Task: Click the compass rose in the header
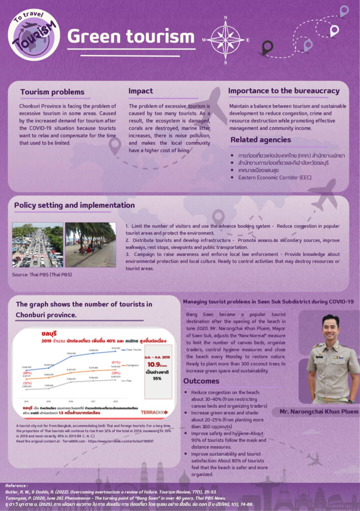tap(226, 39)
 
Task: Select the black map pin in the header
tap(267, 47)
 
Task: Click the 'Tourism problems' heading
tap(52, 92)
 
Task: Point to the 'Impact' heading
tap(141, 91)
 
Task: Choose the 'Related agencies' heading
tap(261, 140)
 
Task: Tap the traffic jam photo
tap(37, 245)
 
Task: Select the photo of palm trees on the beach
tap(90, 245)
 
